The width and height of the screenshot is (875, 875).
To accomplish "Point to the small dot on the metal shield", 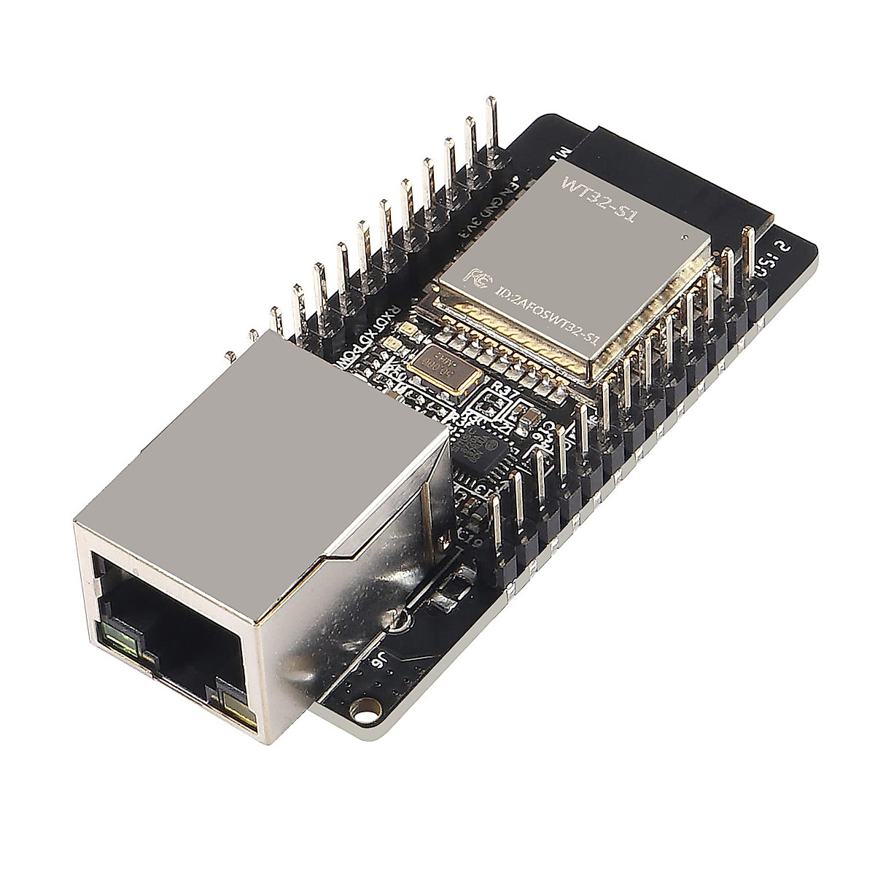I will (x=685, y=236).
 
